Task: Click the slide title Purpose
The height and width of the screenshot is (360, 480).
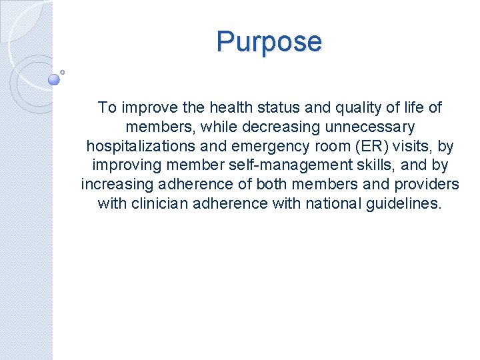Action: click(x=269, y=41)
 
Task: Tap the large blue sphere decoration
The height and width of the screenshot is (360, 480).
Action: click(x=55, y=80)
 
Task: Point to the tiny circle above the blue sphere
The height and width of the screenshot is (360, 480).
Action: click(x=63, y=71)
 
